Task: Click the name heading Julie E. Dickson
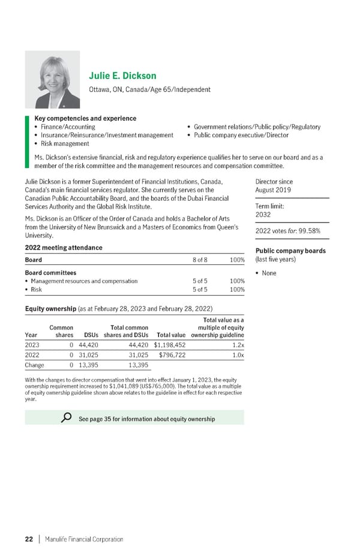tap(122, 76)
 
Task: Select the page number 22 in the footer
tap(28, 539)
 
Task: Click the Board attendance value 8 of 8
tap(200, 260)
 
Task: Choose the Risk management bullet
tap(62, 143)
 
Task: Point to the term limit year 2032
tap(264, 214)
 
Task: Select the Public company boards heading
tap(290, 250)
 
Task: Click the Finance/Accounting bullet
tap(65, 127)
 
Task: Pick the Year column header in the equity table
tap(31, 335)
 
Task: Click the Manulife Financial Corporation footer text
tap(83, 539)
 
